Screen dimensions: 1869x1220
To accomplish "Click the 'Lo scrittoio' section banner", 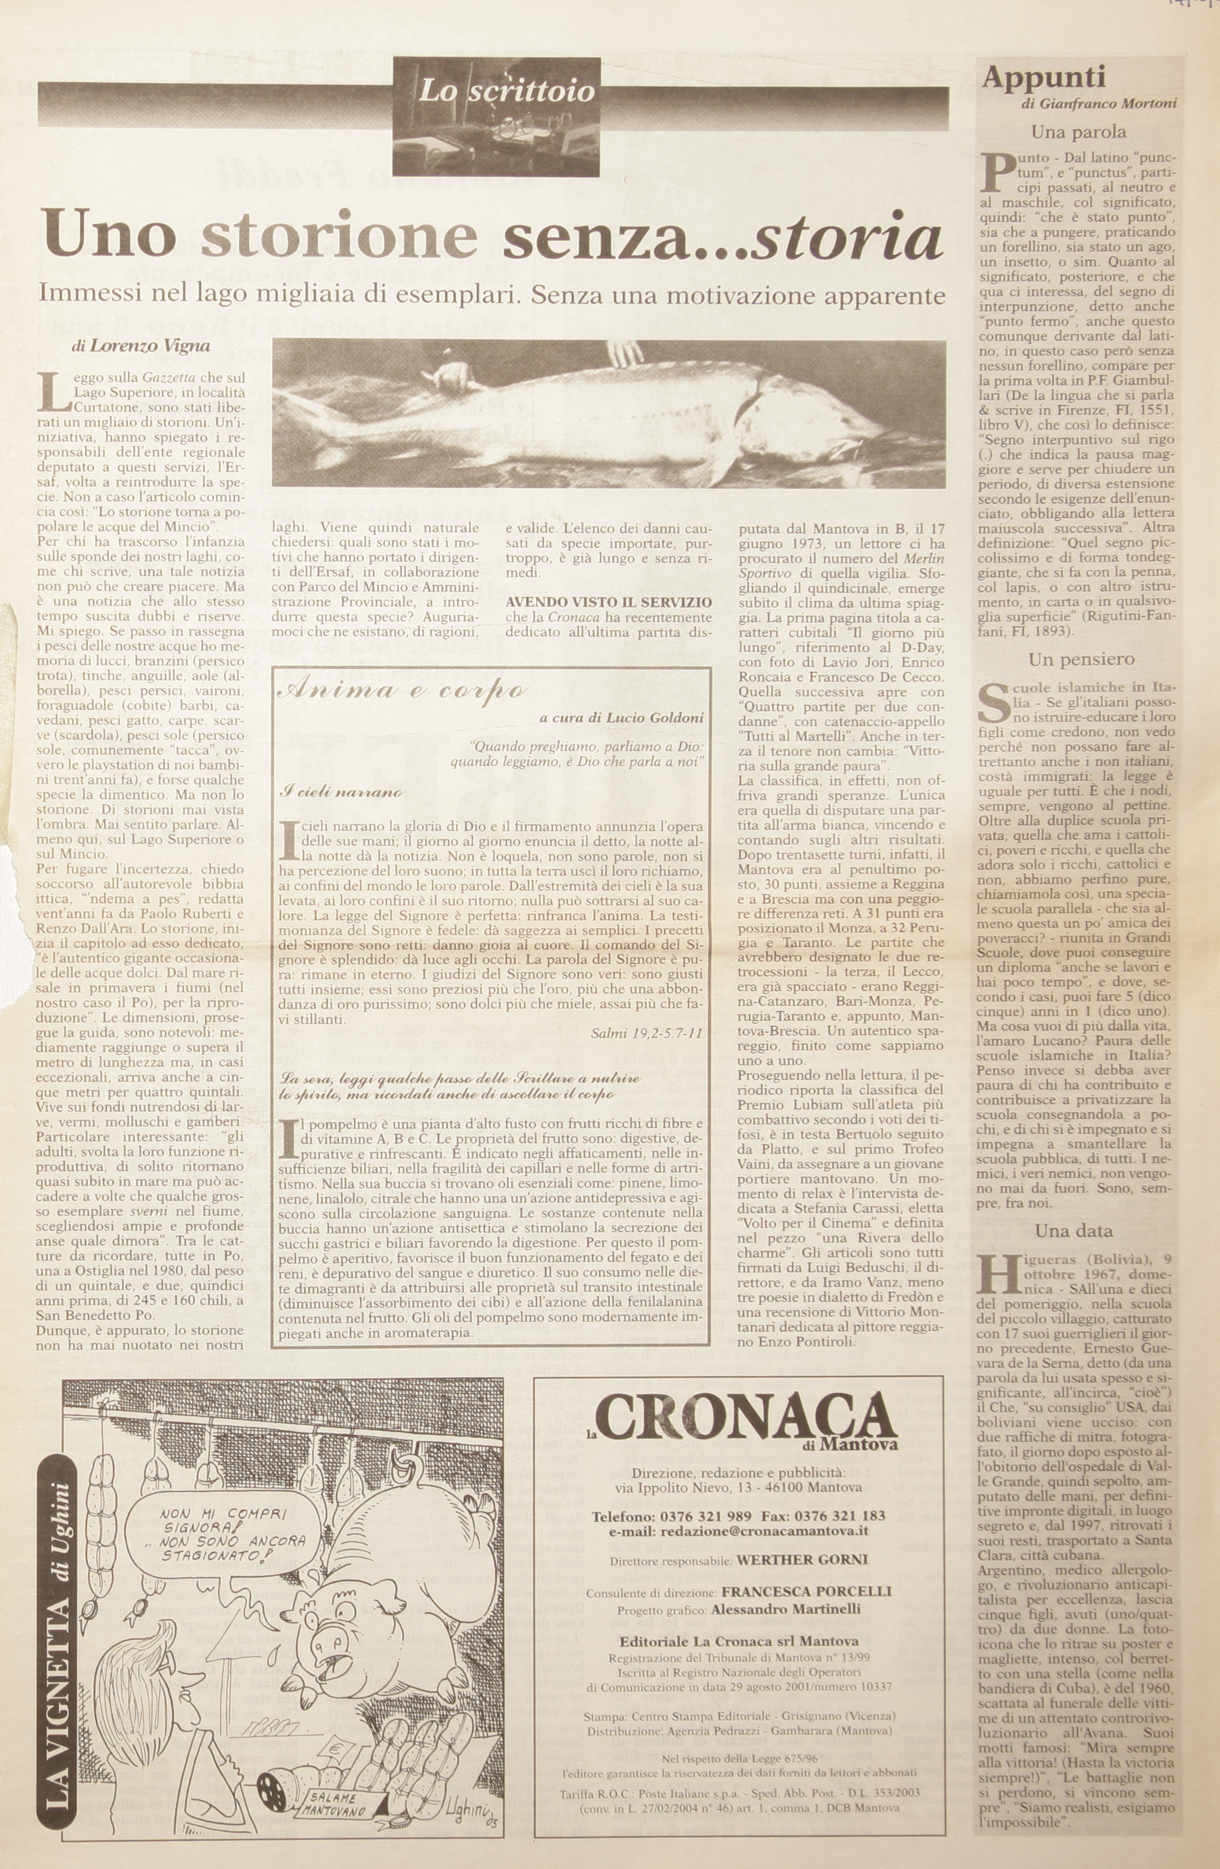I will point(506,93).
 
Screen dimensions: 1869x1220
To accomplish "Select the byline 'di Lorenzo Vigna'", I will point(135,345).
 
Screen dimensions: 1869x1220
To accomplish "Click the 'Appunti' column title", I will point(1044,78).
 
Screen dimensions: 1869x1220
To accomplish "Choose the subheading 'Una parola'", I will point(1078,132).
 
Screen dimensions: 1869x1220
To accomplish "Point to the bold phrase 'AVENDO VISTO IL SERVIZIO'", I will point(609,602).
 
